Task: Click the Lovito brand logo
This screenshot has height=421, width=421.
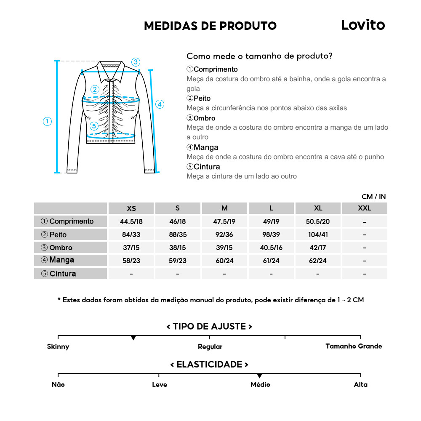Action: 362,25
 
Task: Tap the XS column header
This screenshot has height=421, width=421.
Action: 131,208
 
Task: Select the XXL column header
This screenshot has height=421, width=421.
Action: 364,208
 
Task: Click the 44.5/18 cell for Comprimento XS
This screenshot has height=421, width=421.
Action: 131,221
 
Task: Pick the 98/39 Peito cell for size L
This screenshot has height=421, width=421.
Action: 271,234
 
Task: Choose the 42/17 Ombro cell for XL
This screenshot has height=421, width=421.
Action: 318,248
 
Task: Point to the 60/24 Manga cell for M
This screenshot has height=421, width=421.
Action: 224,261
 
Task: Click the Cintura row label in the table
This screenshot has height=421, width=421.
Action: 63,274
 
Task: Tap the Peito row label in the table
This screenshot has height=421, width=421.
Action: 58,234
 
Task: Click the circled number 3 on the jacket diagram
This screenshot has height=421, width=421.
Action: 136,62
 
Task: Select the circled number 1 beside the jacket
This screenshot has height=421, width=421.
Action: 47,121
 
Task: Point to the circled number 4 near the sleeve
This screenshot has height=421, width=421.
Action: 160,104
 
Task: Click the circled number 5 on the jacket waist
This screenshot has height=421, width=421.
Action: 94,125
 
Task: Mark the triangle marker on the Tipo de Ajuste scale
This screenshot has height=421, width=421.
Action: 133,338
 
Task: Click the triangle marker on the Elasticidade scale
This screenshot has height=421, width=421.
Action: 259,376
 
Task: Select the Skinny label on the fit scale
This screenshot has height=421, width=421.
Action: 58,346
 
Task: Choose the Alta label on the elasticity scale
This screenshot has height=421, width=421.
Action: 360,384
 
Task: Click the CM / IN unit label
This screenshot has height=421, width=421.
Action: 373,197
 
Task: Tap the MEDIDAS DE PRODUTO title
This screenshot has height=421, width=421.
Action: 210,26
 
